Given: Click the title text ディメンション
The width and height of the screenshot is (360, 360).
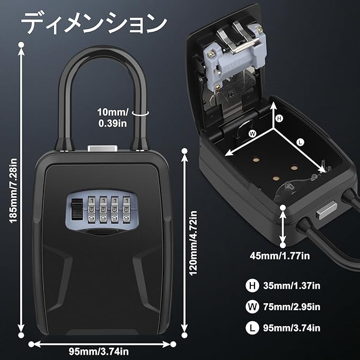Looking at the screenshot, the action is [x=93, y=23].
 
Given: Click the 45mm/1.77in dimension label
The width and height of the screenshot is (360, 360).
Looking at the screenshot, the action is [x=280, y=256].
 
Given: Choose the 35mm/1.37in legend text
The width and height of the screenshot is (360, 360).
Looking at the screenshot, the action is [x=292, y=286].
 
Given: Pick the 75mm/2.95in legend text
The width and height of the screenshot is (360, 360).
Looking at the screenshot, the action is [x=292, y=306].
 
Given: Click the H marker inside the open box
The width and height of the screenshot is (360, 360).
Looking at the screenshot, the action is [x=280, y=118].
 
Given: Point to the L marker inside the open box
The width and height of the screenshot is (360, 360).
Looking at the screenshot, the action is [x=301, y=142].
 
